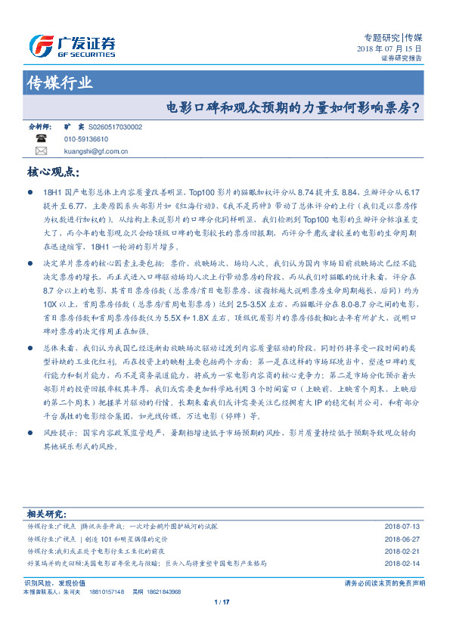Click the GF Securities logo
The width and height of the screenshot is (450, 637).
(x=71, y=46)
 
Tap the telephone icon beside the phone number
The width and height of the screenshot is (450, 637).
(x=41, y=139)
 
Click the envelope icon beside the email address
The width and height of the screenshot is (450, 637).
(x=41, y=151)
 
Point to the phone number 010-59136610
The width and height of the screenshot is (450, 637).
(x=85, y=140)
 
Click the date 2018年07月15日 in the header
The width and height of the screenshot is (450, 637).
(x=389, y=49)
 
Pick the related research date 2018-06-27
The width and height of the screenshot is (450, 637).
(x=402, y=539)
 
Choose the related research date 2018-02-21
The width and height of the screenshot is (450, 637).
(x=402, y=552)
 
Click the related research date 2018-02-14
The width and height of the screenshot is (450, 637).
(x=402, y=564)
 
